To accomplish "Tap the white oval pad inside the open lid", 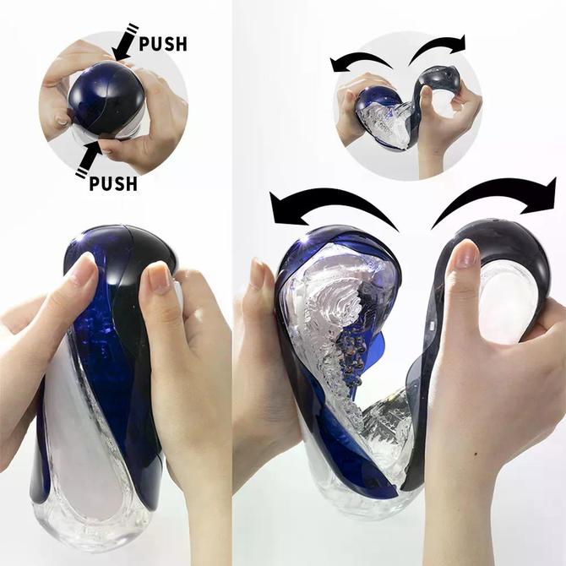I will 509,301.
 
